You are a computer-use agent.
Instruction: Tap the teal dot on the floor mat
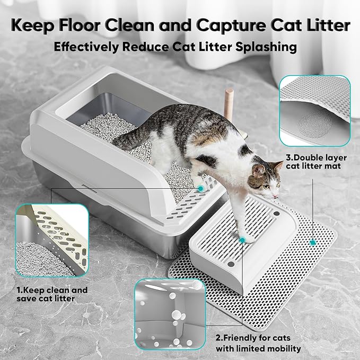tap(313, 242)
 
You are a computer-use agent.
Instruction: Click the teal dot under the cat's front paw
tap(242, 240)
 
